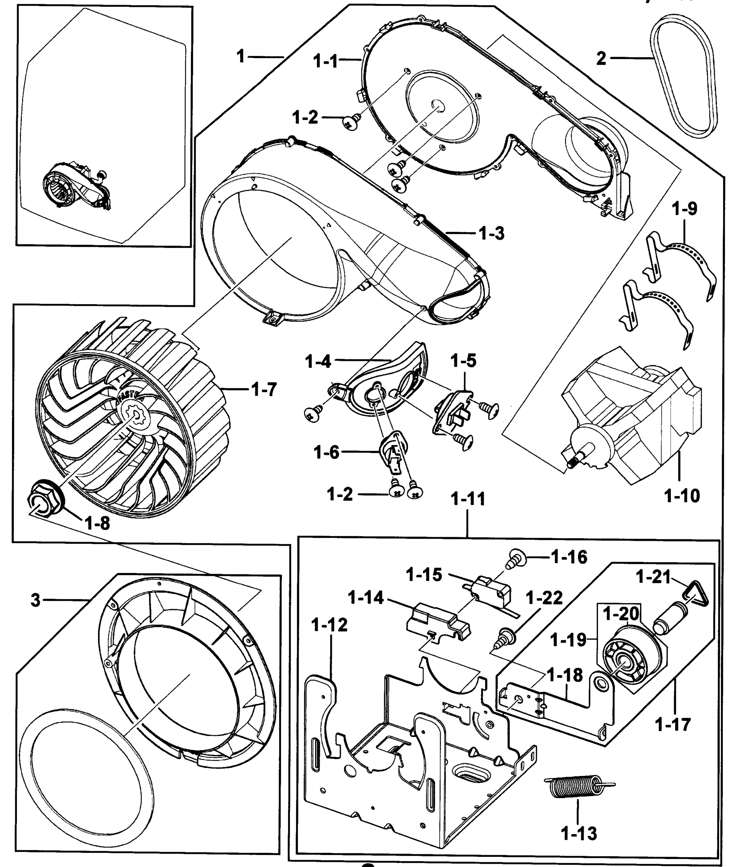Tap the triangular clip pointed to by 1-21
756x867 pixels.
[694, 596]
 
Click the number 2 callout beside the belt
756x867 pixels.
[601, 58]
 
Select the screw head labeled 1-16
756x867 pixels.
[517, 559]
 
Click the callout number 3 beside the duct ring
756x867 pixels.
[35, 600]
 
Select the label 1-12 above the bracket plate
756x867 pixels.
[330, 625]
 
